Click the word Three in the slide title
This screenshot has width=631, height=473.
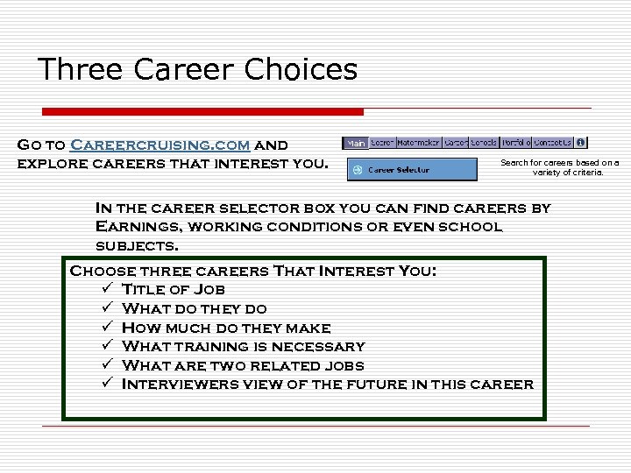80,69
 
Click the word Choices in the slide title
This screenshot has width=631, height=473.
306,69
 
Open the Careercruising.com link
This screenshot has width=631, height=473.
160,145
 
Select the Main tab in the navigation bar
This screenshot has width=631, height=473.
356,143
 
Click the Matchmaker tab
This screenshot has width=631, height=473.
419,143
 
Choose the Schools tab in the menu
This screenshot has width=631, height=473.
484,143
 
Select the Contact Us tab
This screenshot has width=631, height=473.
553,143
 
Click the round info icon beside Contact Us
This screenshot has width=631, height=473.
581,143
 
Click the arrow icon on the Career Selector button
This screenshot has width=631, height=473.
358,170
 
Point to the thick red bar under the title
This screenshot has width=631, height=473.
203,111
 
